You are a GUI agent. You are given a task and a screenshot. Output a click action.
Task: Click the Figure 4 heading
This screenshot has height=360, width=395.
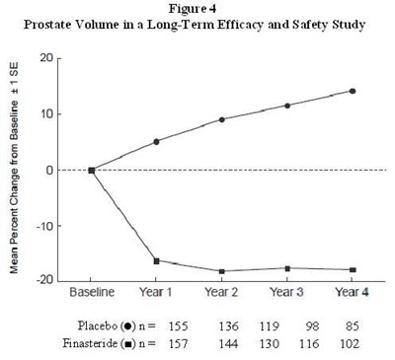197,10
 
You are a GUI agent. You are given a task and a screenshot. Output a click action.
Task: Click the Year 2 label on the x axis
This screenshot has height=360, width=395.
221,293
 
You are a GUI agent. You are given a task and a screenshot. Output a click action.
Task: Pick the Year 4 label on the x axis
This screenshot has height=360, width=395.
352,293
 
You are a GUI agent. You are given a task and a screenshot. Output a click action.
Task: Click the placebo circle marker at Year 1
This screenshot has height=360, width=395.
157,141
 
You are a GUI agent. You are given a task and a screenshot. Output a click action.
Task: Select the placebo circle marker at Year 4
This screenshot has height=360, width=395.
353,91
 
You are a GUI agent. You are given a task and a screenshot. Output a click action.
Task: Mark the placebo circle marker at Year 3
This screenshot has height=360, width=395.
287,106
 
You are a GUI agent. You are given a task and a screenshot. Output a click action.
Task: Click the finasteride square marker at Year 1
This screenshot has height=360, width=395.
157,260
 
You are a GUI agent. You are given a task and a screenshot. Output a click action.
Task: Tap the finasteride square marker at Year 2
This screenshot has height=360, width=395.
222,270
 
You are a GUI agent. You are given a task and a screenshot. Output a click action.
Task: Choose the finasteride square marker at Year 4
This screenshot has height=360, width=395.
353,269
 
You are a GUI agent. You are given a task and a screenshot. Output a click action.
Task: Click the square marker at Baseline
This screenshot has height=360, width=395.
92,170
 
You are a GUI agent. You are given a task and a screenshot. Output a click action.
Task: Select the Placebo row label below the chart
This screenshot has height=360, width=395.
109,324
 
